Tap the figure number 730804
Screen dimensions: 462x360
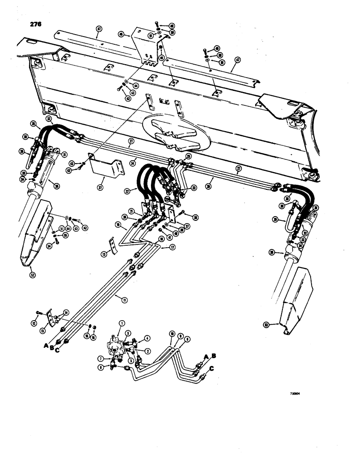coord(297,394)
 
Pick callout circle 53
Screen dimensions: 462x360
coord(279,326)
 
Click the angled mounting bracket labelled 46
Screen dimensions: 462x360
coord(143,44)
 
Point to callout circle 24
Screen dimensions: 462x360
coord(133,162)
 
